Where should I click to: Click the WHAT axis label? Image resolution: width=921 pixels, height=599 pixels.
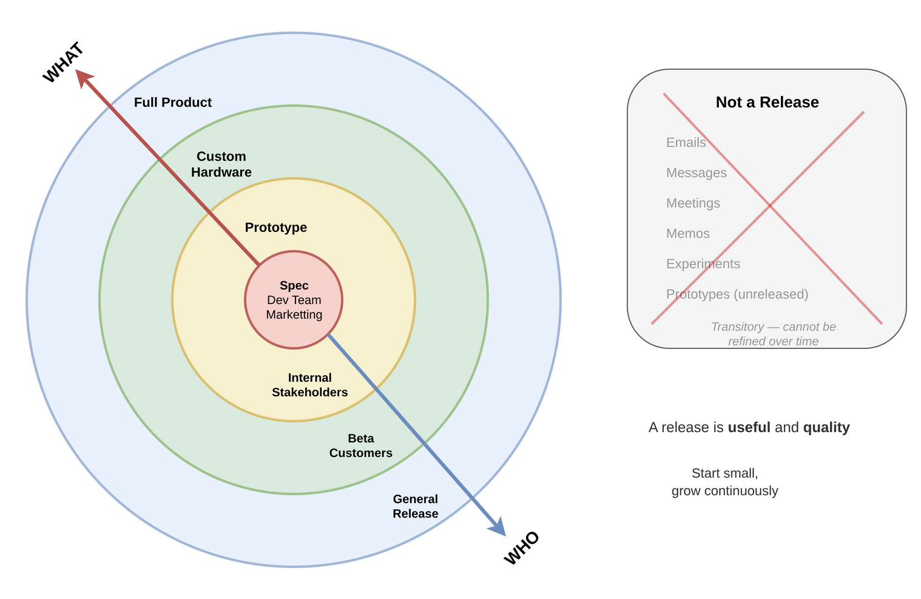click(63, 63)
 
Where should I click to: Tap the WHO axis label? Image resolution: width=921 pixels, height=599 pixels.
click(521, 547)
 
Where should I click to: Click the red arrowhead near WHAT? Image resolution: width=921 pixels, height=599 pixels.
click(83, 77)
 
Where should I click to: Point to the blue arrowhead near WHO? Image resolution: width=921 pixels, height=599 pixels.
click(498, 527)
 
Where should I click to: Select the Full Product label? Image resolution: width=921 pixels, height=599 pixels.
click(173, 103)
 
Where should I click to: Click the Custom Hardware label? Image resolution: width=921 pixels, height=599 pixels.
click(221, 164)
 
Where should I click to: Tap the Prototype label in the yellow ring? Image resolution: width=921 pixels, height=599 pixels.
click(276, 228)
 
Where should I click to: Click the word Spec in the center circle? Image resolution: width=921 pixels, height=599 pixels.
click(294, 285)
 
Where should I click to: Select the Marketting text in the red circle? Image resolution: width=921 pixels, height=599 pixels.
click(294, 314)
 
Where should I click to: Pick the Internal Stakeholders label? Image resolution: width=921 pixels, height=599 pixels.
click(310, 385)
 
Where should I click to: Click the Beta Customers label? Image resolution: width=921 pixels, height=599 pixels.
click(361, 445)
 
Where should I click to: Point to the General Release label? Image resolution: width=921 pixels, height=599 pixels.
click(416, 506)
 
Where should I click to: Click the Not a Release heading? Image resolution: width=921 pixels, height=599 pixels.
click(767, 102)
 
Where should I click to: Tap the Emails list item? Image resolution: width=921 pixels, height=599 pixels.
click(686, 143)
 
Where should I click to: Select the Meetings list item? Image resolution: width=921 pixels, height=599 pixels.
click(693, 203)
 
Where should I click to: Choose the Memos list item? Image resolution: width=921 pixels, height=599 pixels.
click(688, 234)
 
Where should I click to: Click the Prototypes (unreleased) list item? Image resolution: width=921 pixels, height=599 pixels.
click(737, 294)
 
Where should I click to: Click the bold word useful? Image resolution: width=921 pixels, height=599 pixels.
click(749, 427)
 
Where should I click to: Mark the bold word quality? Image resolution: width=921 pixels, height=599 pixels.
click(826, 427)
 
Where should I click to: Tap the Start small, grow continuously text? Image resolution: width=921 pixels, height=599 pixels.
click(725, 482)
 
